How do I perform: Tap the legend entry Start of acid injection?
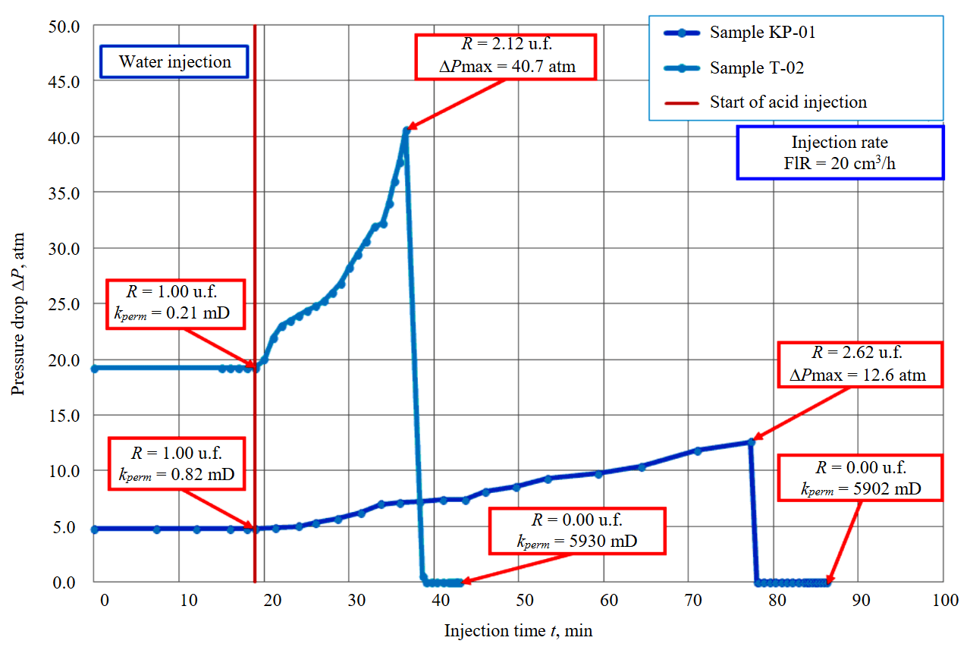(x=787, y=102)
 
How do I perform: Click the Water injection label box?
(x=174, y=61)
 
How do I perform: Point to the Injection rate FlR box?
(x=840, y=152)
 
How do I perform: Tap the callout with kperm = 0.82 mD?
(x=176, y=463)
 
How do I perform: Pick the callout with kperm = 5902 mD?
(x=861, y=478)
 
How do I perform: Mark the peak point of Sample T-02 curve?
(x=407, y=130)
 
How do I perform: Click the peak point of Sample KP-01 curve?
(x=751, y=441)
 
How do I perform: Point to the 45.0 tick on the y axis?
(x=64, y=81)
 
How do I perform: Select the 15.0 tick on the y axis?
(x=64, y=415)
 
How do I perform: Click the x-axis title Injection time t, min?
(x=518, y=631)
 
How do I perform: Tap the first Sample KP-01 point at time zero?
(x=95, y=529)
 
